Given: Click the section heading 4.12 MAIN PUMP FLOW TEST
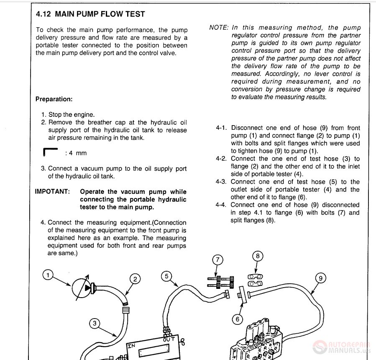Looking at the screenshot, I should pyautogui.click(x=90, y=14).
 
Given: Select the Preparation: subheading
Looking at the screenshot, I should pyautogui.click(x=54, y=99).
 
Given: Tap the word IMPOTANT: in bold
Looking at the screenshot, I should pyautogui.click(x=52, y=192).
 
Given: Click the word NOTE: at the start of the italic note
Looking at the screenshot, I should pyautogui.click(x=219, y=28).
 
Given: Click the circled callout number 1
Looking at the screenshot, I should pyautogui.click(x=48, y=275).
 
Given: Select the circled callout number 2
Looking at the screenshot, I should pyautogui.click(x=135, y=279).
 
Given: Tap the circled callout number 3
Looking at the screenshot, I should pyautogui.click(x=95, y=323).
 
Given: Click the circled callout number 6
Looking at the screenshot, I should pyautogui.click(x=238, y=319).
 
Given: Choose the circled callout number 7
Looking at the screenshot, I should pyautogui.click(x=217, y=260).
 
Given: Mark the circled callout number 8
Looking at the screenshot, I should pyautogui.click(x=258, y=256).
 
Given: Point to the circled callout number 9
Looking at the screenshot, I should pyautogui.click(x=320, y=278).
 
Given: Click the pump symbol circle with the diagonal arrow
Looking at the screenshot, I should pyautogui.click(x=83, y=288).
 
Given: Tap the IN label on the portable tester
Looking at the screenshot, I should pyautogui.click(x=131, y=346).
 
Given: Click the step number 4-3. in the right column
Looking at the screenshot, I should pyautogui.click(x=223, y=182).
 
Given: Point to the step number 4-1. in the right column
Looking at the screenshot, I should pyautogui.click(x=223, y=128).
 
